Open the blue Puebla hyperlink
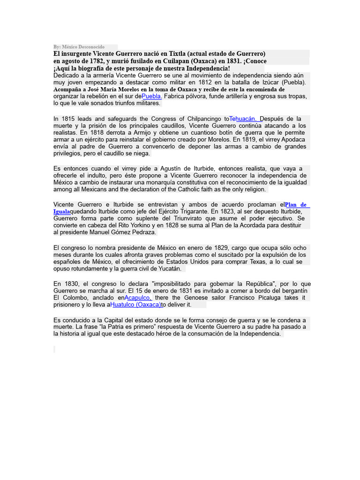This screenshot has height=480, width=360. pos(152,96)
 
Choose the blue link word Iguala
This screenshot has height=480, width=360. pos(62,211)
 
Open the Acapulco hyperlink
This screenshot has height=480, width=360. pos(138,298)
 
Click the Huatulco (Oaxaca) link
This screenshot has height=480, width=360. pos(135,305)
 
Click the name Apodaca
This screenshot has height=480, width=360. pos(290,140)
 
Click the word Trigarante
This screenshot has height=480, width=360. pos(187,211)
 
